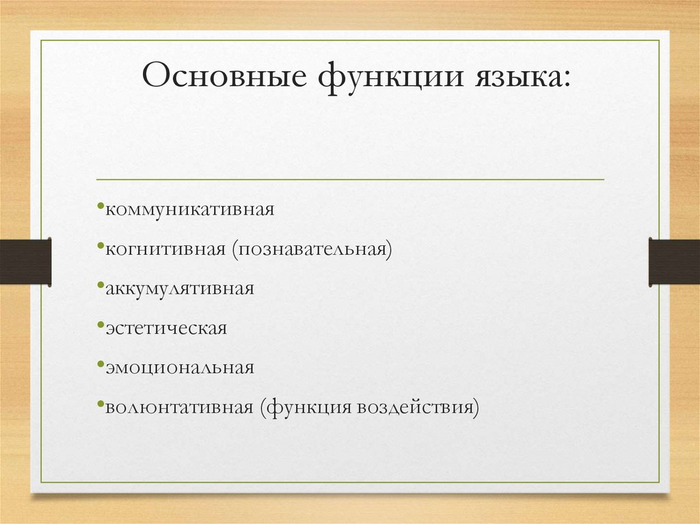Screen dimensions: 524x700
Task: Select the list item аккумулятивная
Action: point(180,288)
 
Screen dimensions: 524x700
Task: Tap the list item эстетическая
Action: point(166,328)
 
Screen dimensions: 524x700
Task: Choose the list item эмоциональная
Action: point(180,368)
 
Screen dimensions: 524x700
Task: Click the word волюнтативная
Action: point(179,407)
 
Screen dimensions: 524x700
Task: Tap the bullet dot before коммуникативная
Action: point(100,205)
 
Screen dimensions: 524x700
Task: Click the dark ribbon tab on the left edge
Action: point(25,261)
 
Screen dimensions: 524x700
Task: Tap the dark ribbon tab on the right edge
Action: point(674,261)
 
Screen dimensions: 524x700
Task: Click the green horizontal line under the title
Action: point(350,180)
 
